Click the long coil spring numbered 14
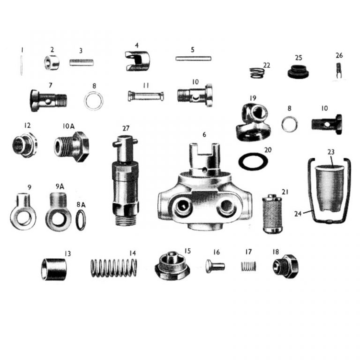coord(114,268)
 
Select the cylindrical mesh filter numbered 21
coord(272,214)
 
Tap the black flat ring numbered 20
coord(253,161)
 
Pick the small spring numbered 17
coord(248,266)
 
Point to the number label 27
coord(126,128)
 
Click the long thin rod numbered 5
coord(193,59)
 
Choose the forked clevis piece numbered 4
coord(137,61)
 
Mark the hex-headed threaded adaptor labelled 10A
coord(71,146)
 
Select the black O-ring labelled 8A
coord(81,220)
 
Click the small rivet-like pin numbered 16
coord(215,266)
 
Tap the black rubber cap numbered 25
coord(298,72)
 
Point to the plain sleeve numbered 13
coord(54,270)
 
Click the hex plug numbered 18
coord(285,266)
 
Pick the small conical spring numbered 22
coord(257,73)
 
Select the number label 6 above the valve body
coord(204,135)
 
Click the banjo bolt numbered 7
coord(48,100)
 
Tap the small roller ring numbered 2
coord(52,63)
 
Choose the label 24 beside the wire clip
coord(298,214)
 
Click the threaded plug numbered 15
coord(172,266)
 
